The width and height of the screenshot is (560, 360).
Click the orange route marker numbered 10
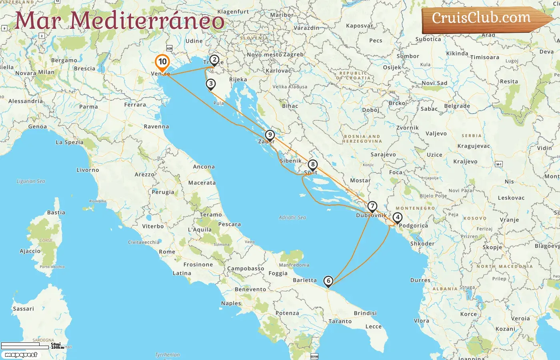[x=162, y=62]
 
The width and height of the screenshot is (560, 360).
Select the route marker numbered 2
[x=214, y=60]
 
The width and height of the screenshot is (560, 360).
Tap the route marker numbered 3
[x=211, y=84]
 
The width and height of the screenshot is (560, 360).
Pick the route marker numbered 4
[x=397, y=218]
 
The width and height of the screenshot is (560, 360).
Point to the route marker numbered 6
[x=328, y=281]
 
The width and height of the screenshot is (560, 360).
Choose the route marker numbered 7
[x=372, y=207]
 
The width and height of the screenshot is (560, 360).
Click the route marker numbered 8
[x=313, y=164]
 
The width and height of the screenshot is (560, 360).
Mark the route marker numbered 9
[x=270, y=135]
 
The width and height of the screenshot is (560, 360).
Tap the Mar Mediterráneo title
[x=120, y=21]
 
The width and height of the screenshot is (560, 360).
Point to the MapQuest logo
[x=21, y=355]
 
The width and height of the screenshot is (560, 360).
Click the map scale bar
[x=26, y=346]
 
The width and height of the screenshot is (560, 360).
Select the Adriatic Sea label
[x=292, y=218]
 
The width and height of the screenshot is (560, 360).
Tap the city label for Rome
[x=167, y=252]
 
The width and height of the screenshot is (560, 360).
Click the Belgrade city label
[x=457, y=106]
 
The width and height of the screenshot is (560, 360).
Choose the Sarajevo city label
[x=383, y=154]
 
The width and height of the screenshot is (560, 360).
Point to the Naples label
[x=231, y=303]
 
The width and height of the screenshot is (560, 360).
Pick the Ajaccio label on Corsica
[x=30, y=251]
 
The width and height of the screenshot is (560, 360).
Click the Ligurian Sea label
[x=31, y=181]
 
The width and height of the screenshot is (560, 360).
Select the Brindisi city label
[x=365, y=313]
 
